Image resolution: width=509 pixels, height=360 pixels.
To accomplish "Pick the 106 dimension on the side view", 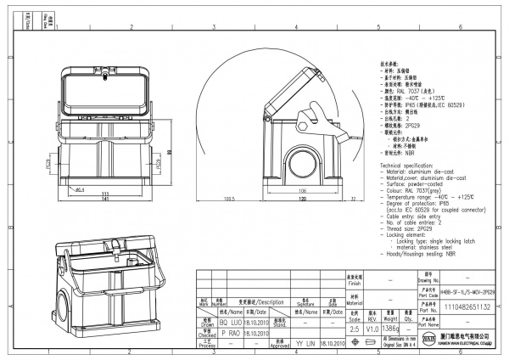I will (302, 191).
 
